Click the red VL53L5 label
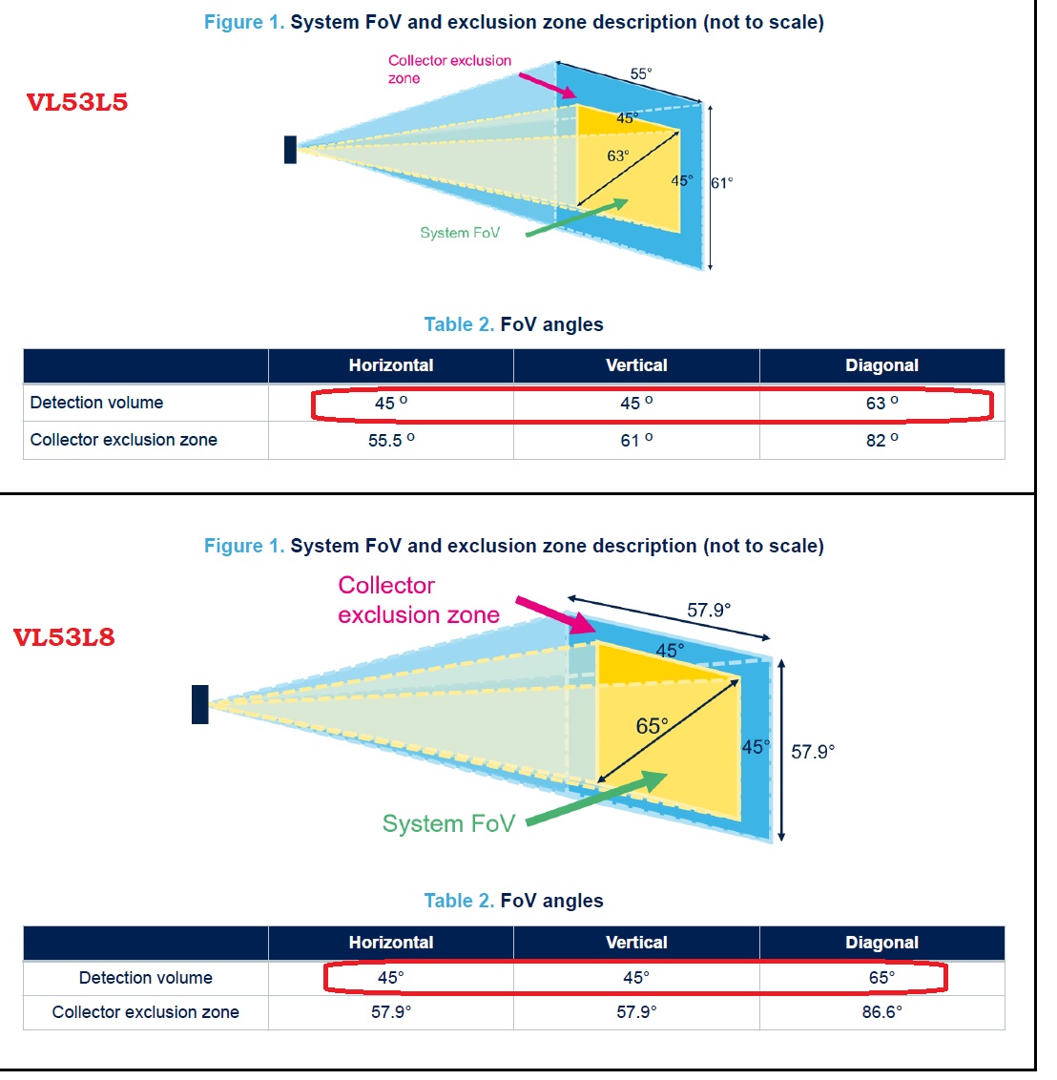point(77,103)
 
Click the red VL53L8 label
point(64,637)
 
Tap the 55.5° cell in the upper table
point(391,440)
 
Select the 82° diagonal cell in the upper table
point(881,440)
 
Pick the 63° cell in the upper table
point(881,403)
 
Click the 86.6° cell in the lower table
point(881,1012)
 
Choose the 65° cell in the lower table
point(881,978)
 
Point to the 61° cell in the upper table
point(636,440)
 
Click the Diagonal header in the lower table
point(881,943)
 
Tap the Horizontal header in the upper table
point(391,365)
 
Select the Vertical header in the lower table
point(636,943)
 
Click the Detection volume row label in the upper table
point(96,403)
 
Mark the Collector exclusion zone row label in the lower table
point(145,1012)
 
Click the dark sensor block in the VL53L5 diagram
point(290,150)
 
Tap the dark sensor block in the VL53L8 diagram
point(199,704)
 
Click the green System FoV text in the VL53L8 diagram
point(448,823)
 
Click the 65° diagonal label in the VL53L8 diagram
point(653,726)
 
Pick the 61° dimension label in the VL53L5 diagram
point(722,183)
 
